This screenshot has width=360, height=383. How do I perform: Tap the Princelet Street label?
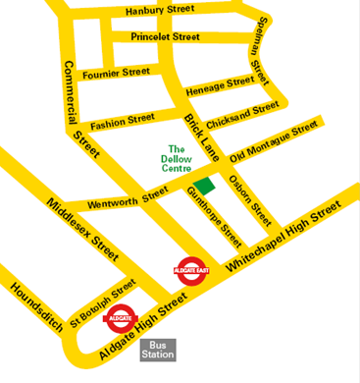click(166, 37)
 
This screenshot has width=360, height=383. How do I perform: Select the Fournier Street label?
click(117, 73)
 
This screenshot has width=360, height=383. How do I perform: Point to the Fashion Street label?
click(123, 122)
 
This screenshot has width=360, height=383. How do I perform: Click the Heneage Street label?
click(220, 86)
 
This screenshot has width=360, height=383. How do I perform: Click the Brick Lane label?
click(203, 138)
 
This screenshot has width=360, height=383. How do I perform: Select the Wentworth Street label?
click(129, 200)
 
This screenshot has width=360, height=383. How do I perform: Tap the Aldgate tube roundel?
click(118, 318)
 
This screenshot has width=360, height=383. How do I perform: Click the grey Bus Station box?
click(157, 350)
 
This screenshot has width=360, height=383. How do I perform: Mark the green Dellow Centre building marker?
click(205, 187)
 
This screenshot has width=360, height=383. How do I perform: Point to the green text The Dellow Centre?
click(177, 159)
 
